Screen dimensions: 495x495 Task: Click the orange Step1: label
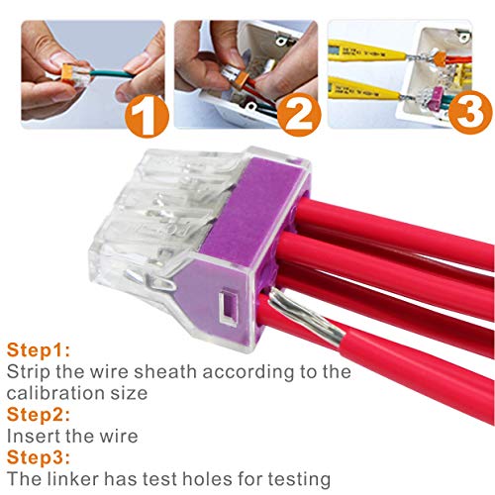pos(36,350)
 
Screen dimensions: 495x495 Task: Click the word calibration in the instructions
pos(61,393)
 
